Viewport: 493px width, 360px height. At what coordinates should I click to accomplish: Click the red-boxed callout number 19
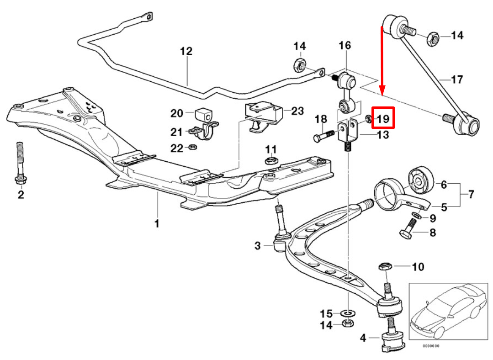(x=383, y=119)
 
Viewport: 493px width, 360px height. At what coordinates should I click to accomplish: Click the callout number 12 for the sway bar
(x=186, y=51)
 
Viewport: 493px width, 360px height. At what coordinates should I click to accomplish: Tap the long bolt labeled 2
(x=20, y=164)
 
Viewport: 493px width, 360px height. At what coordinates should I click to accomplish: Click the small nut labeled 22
(x=193, y=147)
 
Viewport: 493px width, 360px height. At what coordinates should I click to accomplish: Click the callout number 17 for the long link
(x=457, y=79)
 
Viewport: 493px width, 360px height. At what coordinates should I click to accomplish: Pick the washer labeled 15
(x=348, y=313)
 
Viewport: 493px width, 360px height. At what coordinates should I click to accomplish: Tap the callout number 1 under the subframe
(x=157, y=223)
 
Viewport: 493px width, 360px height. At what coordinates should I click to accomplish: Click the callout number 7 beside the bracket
(x=471, y=195)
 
